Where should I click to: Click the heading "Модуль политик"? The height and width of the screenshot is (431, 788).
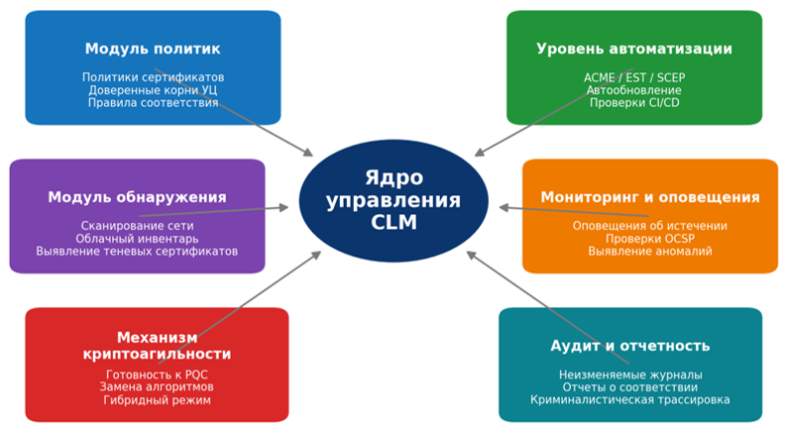pos(153,49)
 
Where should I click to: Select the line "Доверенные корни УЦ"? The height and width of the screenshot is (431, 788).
pos(153,90)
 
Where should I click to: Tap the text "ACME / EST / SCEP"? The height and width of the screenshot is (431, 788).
pos(634,77)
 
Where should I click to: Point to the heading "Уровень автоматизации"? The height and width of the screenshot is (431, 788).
pos(634,49)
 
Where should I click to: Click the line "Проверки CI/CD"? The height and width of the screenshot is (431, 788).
pos(634,102)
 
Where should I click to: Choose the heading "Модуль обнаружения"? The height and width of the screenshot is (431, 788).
pos(137,197)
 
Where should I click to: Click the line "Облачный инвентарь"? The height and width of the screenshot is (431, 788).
pos(137,239)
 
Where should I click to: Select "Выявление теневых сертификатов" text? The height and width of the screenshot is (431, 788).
pos(137,251)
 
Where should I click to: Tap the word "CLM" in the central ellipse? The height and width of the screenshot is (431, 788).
pos(394,223)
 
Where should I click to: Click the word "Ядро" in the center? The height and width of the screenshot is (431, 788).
pos(394,177)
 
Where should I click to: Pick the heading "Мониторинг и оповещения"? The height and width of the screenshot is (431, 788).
pos(650,197)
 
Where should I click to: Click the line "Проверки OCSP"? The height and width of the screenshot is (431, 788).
pos(650,239)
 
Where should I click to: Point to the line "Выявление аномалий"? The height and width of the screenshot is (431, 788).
pos(650,251)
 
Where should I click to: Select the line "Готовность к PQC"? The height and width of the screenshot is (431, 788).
pos(157,375)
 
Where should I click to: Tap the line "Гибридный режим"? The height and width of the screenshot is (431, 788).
pos(157,400)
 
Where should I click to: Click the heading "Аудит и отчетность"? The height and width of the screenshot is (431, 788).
pos(630,346)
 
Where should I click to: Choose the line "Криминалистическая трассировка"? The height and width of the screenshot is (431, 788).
pos(630,400)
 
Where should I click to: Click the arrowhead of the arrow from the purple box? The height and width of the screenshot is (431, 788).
pos(284,207)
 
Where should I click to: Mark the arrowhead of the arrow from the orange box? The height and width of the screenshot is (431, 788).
pos(504,207)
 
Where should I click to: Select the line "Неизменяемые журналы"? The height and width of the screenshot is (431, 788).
pos(630,375)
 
